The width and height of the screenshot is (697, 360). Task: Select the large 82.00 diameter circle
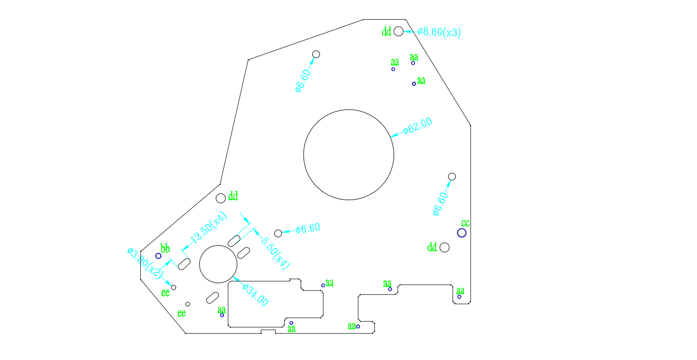point(348,155)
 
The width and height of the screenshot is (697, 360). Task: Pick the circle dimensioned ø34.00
point(218,264)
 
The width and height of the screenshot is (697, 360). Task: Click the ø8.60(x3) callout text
point(439,32)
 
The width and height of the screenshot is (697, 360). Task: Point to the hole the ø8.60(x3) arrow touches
point(399,31)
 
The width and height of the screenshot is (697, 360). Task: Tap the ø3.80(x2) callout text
point(144,264)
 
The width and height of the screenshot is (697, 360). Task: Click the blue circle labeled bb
point(158,256)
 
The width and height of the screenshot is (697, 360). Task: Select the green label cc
point(466,223)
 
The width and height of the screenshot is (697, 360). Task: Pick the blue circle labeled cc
point(462,233)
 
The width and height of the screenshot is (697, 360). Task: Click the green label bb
point(165,248)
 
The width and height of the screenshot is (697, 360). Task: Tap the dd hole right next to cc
point(445,247)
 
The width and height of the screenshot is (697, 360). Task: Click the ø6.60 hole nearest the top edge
point(316,54)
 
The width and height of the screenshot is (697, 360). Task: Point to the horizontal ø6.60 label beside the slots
point(308,228)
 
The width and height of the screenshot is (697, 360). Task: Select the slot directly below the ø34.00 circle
point(213,297)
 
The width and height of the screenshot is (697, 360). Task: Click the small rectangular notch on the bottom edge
point(268,331)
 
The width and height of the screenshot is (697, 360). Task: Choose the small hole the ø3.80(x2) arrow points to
point(174,287)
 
